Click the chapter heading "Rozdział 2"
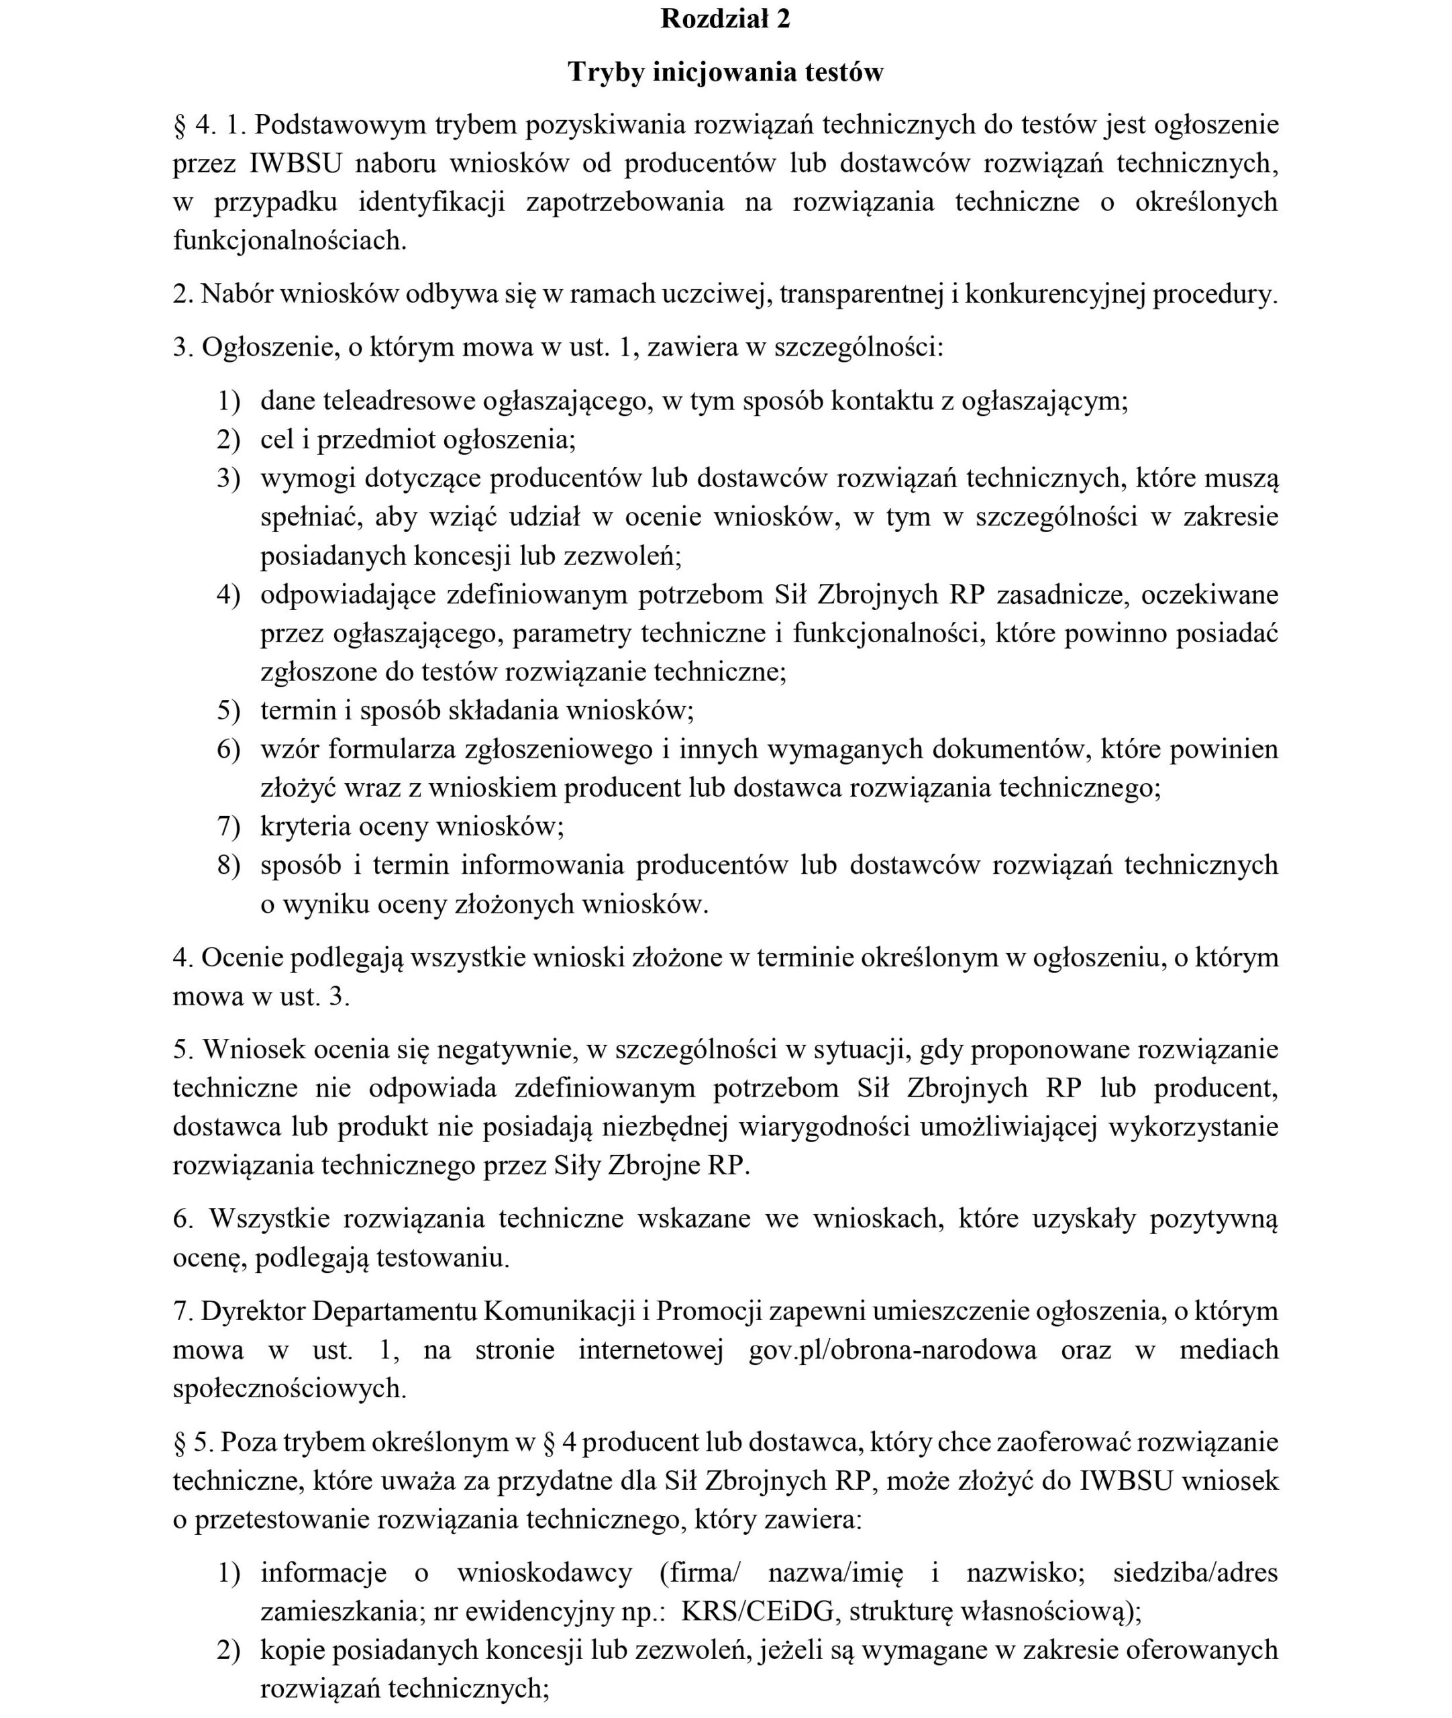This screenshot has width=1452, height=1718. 725,19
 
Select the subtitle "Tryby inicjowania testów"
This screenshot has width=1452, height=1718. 725,72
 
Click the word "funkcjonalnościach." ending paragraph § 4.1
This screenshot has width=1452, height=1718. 290,240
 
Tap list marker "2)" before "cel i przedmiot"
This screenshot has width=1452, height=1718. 228,440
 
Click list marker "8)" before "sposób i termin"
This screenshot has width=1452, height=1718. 228,865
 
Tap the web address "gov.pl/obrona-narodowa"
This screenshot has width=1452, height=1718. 892,1350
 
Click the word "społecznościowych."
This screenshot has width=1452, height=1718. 290,1388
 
